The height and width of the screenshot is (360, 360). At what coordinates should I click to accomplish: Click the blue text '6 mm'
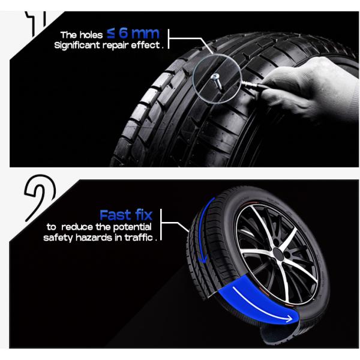(x=139, y=33)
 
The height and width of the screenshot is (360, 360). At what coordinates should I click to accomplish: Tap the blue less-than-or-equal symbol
(x=111, y=34)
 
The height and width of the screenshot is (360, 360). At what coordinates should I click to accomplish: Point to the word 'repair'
(x=115, y=46)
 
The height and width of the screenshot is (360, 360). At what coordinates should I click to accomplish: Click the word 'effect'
(x=145, y=45)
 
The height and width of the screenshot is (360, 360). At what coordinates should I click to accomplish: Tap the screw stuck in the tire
(x=217, y=81)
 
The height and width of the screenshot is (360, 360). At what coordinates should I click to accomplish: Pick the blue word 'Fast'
(x=115, y=215)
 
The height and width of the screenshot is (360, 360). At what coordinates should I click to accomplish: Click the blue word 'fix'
(x=144, y=215)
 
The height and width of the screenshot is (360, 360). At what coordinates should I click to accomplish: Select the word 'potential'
(x=132, y=227)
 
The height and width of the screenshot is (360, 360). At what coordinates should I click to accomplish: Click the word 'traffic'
(x=139, y=237)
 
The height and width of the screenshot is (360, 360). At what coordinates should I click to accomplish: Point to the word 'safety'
(x=58, y=238)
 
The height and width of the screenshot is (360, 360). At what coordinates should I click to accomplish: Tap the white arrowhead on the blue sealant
(x=289, y=319)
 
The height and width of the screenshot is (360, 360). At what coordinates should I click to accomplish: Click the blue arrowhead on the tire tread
(x=202, y=259)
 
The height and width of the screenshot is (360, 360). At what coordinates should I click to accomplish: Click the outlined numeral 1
(x=36, y=23)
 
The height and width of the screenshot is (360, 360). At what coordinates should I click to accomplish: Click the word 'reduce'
(x=77, y=227)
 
